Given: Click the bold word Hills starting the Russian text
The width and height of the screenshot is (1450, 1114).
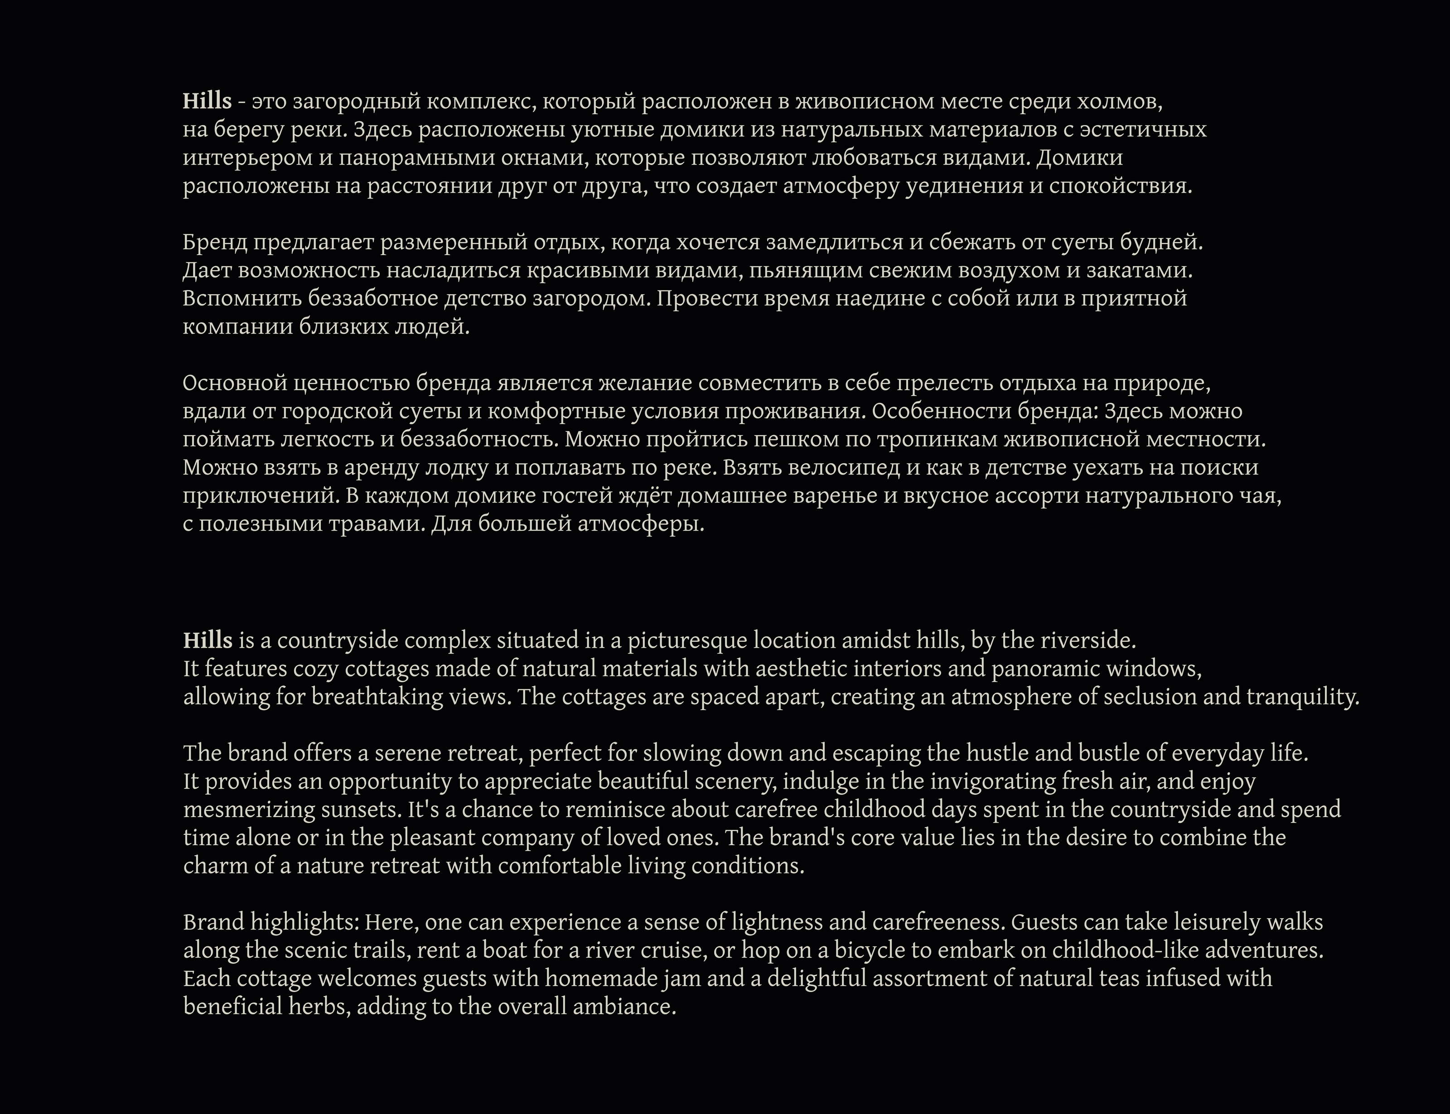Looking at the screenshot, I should (207, 102).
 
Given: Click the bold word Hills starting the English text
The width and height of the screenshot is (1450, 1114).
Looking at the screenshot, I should (208, 640).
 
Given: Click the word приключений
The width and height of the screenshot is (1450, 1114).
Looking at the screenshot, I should (261, 496).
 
